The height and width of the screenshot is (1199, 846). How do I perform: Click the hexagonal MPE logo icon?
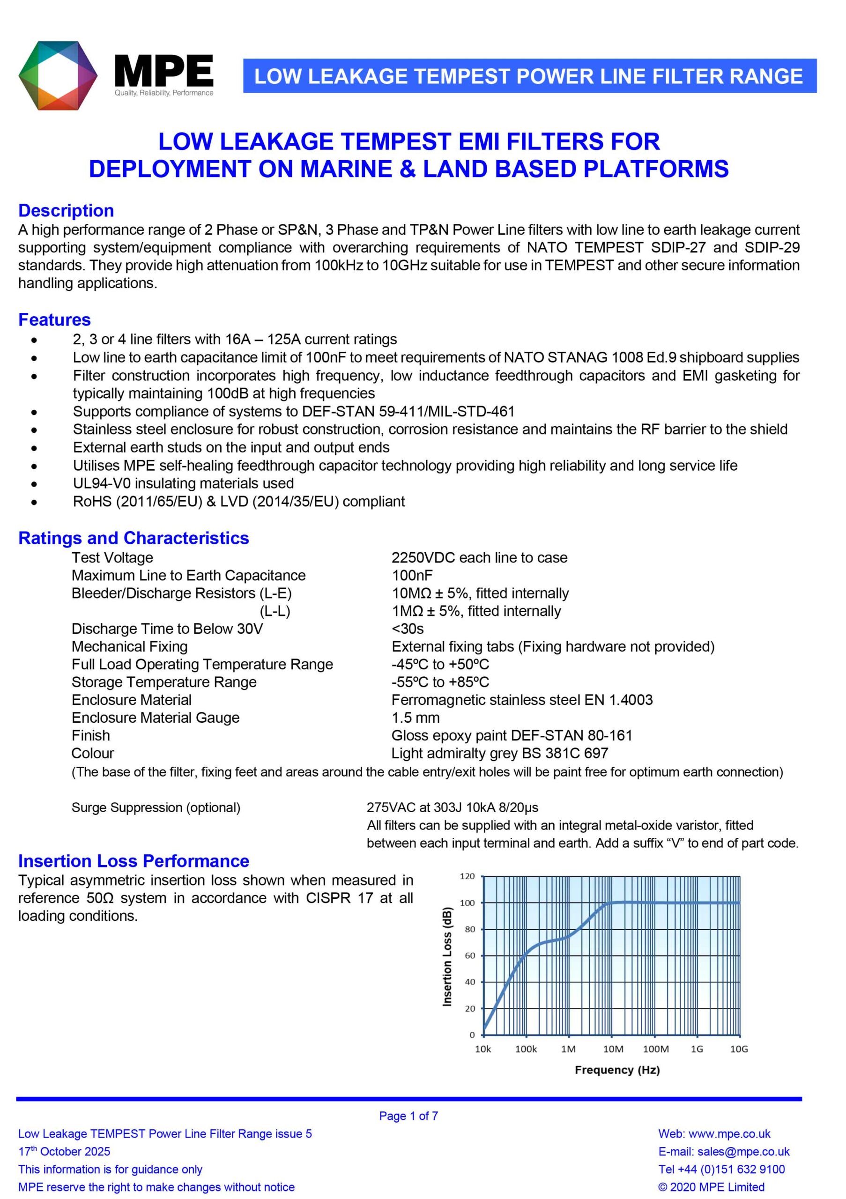[x=58, y=76]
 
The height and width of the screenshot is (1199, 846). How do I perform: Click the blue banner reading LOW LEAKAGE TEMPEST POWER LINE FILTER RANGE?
[x=529, y=76]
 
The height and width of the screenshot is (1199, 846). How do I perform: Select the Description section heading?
[x=66, y=210]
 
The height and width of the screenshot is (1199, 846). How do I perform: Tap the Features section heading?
[x=54, y=319]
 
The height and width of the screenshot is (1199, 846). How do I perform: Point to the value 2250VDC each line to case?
[x=479, y=558]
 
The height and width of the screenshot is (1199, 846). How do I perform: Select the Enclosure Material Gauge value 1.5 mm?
[x=415, y=718]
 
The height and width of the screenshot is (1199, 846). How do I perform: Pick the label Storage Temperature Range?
[x=163, y=682]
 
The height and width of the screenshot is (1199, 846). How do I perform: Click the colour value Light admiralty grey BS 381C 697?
[x=499, y=753]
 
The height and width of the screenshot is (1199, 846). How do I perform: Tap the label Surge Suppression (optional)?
[x=156, y=807]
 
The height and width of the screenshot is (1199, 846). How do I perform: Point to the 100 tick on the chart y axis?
[x=467, y=903]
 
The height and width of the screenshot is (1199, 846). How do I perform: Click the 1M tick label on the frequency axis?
[x=568, y=1049]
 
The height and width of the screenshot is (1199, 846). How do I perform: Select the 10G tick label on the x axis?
[x=738, y=1049]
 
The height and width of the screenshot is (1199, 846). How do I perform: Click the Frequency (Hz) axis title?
[x=617, y=1070]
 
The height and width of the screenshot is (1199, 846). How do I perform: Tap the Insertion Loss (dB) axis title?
[x=447, y=957]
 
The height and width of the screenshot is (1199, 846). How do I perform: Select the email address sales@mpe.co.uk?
[x=743, y=1152]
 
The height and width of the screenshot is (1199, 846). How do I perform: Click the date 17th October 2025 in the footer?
[x=64, y=1152]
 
